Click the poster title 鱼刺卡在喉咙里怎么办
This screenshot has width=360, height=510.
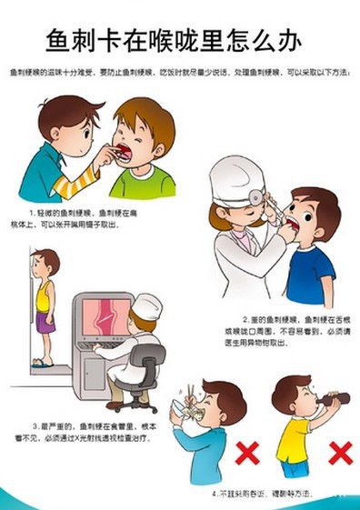(x=179, y=38)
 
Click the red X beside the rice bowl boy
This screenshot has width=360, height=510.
(x=246, y=451)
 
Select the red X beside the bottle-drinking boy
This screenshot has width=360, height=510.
(x=340, y=451)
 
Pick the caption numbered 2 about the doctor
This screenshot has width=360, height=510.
(x=290, y=330)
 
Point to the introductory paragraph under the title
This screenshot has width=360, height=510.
(x=179, y=72)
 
